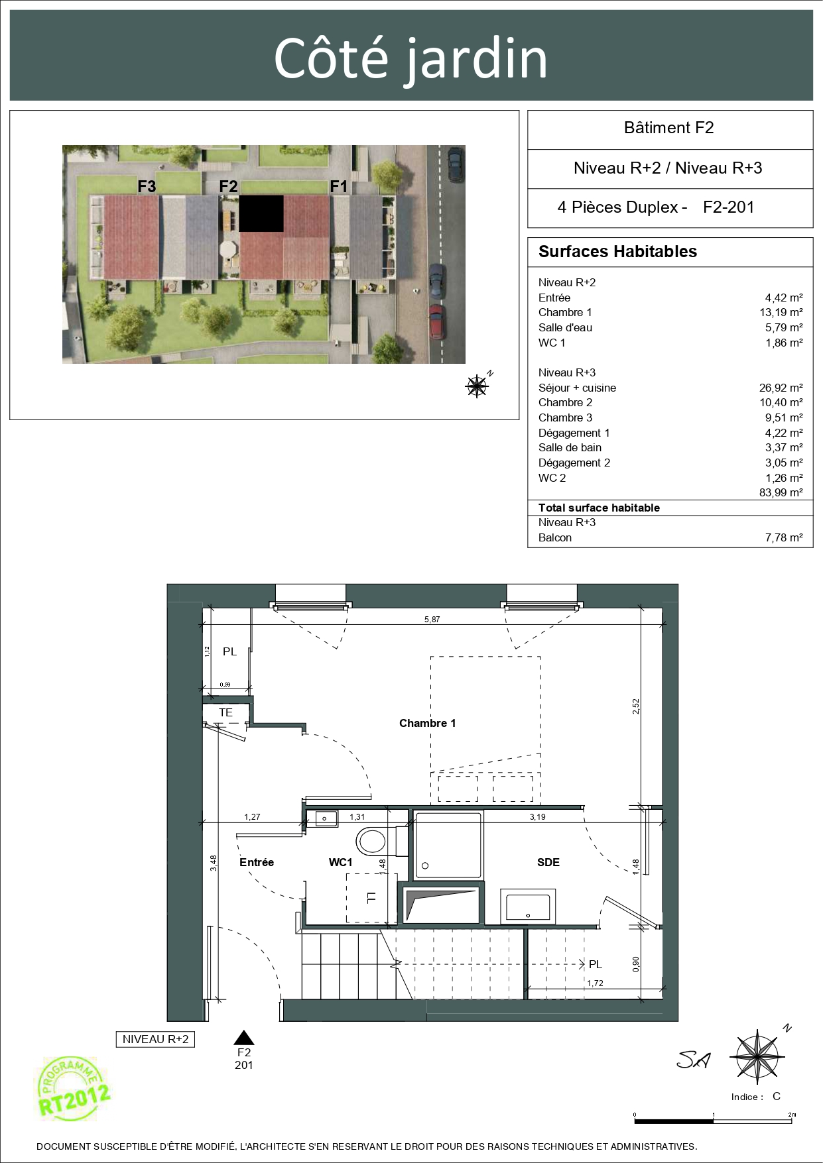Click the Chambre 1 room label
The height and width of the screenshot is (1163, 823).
(x=427, y=723)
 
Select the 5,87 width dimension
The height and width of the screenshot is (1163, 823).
(x=432, y=620)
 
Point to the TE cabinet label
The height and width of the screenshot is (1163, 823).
(x=226, y=712)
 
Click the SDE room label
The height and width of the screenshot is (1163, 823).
(x=548, y=862)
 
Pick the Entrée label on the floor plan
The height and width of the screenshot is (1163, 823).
(x=257, y=862)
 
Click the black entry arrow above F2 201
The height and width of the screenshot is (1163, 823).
(x=244, y=1038)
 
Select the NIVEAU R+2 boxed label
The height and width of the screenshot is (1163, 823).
(x=156, y=1039)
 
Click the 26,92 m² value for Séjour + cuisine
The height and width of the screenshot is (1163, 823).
(x=781, y=388)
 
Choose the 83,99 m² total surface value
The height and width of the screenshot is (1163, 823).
(x=781, y=492)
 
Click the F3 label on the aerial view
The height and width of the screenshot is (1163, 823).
(x=147, y=186)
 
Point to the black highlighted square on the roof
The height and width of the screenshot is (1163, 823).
(x=261, y=213)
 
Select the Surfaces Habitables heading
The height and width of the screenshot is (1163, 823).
(x=617, y=252)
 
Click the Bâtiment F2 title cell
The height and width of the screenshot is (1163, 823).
(x=669, y=128)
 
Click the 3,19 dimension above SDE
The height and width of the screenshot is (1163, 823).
(x=537, y=817)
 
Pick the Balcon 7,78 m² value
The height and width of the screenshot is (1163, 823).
(x=784, y=537)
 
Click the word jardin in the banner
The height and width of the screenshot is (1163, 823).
(x=476, y=60)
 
